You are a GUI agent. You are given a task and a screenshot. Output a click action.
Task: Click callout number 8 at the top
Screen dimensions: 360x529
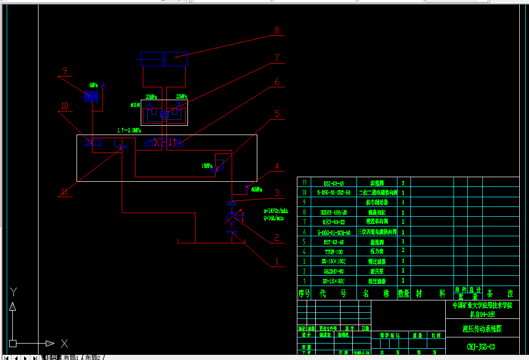click(277, 31)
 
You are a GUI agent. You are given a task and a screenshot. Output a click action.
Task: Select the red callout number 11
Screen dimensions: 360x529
click(64, 192)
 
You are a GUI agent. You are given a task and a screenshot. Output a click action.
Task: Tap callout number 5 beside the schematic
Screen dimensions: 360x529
click(277, 114)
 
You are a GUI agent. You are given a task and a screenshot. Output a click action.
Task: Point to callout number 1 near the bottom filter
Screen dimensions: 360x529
click(277, 261)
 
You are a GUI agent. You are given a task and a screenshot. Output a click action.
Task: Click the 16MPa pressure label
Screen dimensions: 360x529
click(206, 166)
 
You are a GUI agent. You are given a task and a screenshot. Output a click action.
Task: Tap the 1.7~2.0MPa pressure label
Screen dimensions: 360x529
click(129, 130)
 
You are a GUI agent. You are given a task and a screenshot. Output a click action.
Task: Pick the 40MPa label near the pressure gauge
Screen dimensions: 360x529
click(257, 190)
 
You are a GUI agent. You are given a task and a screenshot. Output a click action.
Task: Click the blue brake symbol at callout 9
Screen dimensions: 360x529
click(92, 96)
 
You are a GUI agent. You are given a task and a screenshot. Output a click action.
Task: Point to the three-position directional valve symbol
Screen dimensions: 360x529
click(165, 142)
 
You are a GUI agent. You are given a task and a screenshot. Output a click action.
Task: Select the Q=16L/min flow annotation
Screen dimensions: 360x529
click(274, 218)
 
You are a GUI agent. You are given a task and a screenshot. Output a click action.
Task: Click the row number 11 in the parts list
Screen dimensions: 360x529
click(305, 182)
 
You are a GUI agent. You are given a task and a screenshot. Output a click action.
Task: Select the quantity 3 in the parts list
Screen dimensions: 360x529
click(403, 182)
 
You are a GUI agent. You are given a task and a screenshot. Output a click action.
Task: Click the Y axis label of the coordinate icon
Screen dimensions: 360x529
click(14, 292)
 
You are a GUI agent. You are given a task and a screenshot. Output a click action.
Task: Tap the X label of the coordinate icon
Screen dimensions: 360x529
click(64, 343)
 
